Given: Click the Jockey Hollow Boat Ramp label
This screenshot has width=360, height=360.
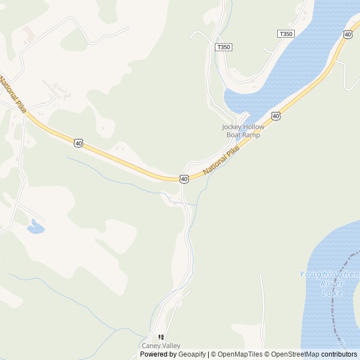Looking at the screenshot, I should tap(243, 131).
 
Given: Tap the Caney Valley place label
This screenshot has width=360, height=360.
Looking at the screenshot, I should tap(161, 345).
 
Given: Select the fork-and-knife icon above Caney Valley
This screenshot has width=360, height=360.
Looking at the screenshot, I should tap(161, 337).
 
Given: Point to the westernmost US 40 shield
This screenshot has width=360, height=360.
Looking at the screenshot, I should tap(79, 143).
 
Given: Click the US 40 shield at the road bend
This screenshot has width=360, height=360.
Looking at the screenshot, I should tap(184, 179).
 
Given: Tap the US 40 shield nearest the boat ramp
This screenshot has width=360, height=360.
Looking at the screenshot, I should tap(275, 116).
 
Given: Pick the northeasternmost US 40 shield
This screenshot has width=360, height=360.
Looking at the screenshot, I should tap(348, 34).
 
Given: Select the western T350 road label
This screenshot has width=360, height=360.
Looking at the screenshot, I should tap(223, 47).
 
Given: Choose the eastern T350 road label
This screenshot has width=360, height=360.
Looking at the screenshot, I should tap(286, 34).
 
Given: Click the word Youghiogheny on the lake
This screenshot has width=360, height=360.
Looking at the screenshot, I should tap(329, 274).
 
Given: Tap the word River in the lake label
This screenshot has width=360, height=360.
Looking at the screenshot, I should tap(332, 284).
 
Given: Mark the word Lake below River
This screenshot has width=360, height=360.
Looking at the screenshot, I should tap(332, 293).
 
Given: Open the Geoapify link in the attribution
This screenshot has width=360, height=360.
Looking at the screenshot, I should tap(191, 354).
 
